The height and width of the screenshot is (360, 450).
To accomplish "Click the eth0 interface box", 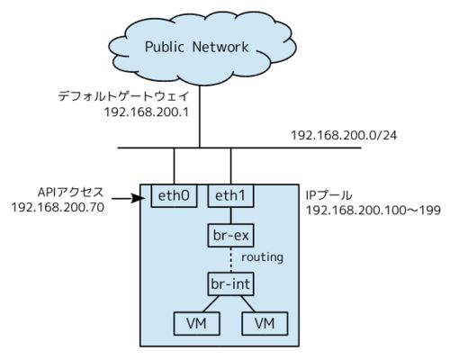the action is (x=174, y=196).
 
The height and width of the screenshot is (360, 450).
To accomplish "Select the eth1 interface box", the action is (x=230, y=196).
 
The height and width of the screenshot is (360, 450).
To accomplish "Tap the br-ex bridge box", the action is (x=230, y=235).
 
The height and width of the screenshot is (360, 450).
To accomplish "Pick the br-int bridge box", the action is (x=230, y=283).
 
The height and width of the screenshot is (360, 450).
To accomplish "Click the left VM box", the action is (x=196, y=323).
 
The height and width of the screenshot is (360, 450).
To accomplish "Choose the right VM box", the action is (x=265, y=323).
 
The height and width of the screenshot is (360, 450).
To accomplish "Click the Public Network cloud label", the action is (x=197, y=47).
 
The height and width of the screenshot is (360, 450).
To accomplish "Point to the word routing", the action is (x=262, y=257).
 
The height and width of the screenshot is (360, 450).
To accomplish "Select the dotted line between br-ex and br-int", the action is (x=230, y=260).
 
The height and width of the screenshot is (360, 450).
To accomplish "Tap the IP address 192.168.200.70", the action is (x=58, y=207).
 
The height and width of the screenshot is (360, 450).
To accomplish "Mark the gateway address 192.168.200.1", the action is (x=147, y=112).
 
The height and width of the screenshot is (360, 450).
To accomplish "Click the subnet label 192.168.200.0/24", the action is (x=344, y=135).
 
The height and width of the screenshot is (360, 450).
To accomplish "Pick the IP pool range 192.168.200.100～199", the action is (x=373, y=211).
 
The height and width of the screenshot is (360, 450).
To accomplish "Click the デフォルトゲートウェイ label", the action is (x=123, y=96).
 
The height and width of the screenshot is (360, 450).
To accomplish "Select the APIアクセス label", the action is (x=71, y=193).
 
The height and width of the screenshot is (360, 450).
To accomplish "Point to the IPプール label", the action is (x=328, y=195).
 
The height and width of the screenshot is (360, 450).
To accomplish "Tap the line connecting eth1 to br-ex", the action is (x=230, y=215).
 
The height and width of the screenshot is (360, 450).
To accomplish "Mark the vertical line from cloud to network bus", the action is (x=199, y=116).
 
